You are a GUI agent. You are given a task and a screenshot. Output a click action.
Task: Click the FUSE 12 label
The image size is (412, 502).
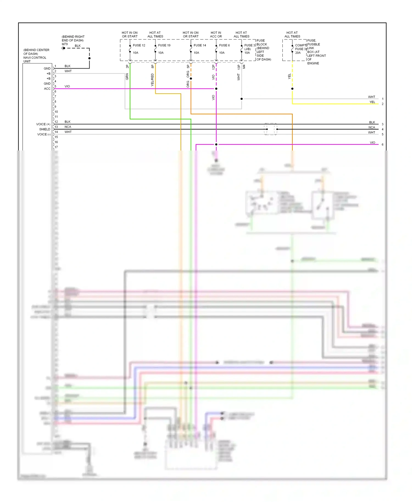(x=139, y=45)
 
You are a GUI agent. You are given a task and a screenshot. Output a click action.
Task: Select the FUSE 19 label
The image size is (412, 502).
(x=164, y=45)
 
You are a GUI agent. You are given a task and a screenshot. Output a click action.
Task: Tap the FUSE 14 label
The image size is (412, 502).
(x=200, y=45)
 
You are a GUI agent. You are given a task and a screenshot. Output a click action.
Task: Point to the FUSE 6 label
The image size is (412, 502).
(x=224, y=45)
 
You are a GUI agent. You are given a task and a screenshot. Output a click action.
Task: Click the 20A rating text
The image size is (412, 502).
(x=298, y=53)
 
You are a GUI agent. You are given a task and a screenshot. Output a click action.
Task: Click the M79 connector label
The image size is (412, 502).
(x=65, y=44)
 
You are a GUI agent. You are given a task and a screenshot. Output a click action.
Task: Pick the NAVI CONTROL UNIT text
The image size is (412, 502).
(x=35, y=59)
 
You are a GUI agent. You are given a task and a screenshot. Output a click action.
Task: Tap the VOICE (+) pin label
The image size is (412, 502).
(x=43, y=124)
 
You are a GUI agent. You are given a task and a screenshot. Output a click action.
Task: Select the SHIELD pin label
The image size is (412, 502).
(x=45, y=129)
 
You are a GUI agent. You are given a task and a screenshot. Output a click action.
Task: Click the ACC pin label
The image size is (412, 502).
(x=47, y=89)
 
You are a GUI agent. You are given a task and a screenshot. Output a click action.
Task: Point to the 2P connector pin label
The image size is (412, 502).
(x=127, y=66)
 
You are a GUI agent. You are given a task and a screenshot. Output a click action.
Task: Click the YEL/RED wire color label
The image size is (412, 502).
(x=152, y=80)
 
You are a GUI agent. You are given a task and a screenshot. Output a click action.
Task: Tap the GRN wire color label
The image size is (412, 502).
(x=127, y=77)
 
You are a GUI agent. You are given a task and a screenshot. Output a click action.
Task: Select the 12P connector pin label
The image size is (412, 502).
(x=213, y=67)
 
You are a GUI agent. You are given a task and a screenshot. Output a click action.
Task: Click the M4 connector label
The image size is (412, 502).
(x=244, y=67)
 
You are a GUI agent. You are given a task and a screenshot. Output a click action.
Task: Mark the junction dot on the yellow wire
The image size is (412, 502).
(x=292, y=89)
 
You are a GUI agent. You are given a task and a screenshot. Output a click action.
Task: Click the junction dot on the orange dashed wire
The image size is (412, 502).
(x=191, y=79)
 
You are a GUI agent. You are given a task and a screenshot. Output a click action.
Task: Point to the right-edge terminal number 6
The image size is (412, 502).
(x=382, y=144)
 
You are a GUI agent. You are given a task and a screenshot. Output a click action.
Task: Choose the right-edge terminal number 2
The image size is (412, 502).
(x=382, y=104)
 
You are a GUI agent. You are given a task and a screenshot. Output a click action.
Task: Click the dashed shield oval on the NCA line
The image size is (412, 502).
(x=271, y=129)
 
